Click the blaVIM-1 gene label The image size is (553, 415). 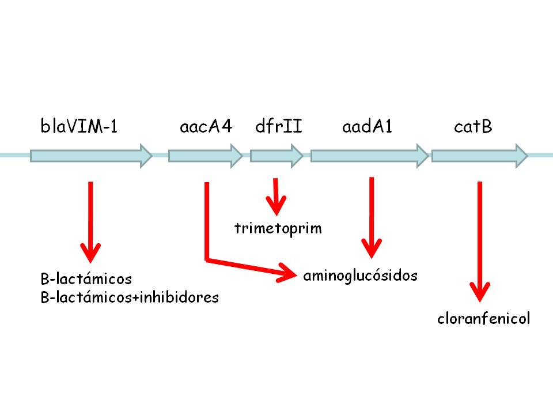click(x=79, y=126)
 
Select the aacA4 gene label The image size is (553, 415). click(x=206, y=126)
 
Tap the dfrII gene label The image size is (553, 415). click(x=278, y=126)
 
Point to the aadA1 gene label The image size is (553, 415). click(x=367, y=126)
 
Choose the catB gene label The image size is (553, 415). click(x=473, y=126)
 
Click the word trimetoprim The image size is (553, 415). click(x=278, y=228)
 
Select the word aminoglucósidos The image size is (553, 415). click(x=360, y=276)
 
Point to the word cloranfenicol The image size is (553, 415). click(x=483, y=319)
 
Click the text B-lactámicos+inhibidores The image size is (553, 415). click(x=130, y=297)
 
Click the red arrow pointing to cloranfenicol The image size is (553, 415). click(x=479, y=242)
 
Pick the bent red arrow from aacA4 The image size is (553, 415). click(x=207, y=231)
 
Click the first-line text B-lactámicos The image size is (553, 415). click(x=86, y=280)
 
